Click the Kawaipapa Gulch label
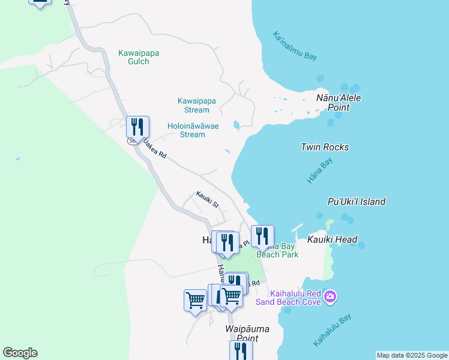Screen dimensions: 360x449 (x=138, y=57)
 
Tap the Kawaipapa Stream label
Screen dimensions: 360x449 (x=197, y=105)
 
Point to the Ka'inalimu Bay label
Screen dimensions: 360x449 (x=294, y=46)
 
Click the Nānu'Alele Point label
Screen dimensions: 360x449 (x=339, y=102)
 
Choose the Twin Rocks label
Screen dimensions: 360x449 (x=325, y=147)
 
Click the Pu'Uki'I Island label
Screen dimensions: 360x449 (x=357, y=202)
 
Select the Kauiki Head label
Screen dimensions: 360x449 (x=333, y=239)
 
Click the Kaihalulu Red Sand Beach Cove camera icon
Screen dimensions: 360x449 (x=330, y=296)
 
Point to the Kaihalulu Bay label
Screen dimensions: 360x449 (x=331, y=331)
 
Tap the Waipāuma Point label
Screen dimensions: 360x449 (x=247, y=333)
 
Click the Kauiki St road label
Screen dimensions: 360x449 (x=206, y=199)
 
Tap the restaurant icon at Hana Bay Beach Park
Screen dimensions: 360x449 (x=262, y=236)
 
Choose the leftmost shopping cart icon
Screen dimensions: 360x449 (x=195, y=299)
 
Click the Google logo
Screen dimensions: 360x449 (x=20, y=353)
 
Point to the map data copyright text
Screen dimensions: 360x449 (x=412, y=355)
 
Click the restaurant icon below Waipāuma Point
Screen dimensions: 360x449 (x=241, y=350)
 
